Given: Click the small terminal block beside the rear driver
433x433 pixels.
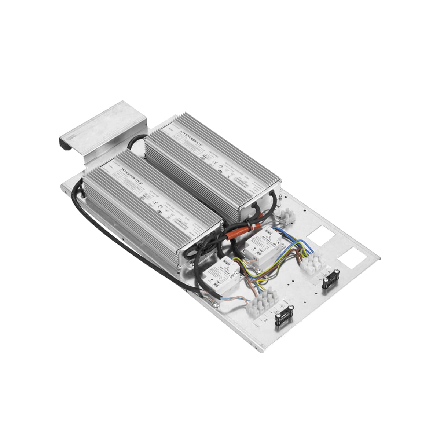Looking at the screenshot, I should coord(286,216).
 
